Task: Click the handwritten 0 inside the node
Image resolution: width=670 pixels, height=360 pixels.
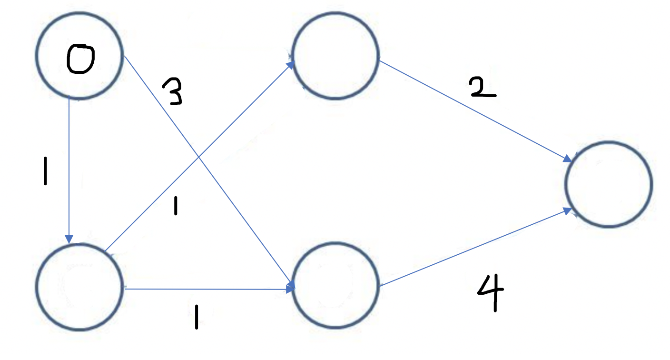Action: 80,59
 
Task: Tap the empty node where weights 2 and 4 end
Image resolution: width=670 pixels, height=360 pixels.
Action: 608,184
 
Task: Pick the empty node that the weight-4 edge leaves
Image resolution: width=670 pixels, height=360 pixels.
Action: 335,285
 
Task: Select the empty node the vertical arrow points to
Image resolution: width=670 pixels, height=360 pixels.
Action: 80,287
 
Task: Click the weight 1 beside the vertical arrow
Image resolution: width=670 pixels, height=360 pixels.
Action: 45,170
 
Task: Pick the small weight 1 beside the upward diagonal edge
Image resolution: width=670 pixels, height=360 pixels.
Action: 176,207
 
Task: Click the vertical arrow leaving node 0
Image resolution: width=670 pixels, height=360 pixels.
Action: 69,167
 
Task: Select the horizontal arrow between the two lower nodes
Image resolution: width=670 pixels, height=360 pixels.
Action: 205,289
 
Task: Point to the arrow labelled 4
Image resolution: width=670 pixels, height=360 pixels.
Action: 476,248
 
